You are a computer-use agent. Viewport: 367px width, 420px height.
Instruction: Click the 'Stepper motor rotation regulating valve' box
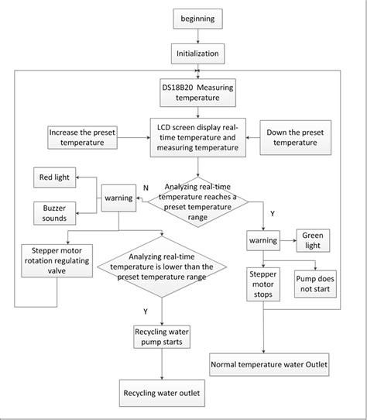point(54,261)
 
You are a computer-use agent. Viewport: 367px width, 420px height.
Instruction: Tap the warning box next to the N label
point(117,198)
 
